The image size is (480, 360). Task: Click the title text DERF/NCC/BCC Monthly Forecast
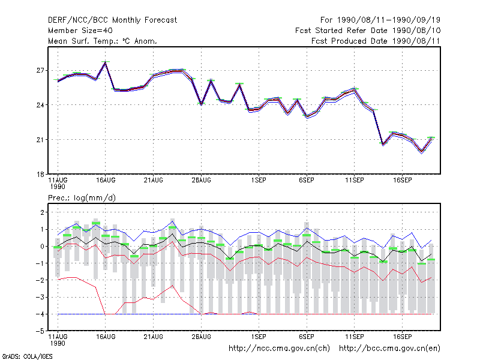[x=112, y=20]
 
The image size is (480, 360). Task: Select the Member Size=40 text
[x=80, y=31]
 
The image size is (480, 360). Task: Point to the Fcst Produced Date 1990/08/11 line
[x=376, y=41]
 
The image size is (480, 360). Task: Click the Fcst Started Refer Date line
[x=368, y=31]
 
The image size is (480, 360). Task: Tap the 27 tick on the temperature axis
[x=40, y=70]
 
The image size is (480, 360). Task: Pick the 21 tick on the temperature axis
[x=40, y=140]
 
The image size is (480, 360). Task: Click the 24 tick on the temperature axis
[x=40, y=105]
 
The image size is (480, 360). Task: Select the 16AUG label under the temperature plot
[x=106, y=180]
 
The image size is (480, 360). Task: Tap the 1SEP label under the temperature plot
[x=259, y=180]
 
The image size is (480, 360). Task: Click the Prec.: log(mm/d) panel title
[x=82, y=198]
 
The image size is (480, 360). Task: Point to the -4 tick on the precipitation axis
[x=40, y=314]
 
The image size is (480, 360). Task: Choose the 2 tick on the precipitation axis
[x=42, y=212]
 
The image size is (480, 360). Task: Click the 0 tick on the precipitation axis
[x=42, y=246]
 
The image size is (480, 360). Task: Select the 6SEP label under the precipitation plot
[x=307, y=337]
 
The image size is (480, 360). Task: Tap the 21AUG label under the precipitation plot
[x=154, y=337]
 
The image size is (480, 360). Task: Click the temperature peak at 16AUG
[x=106, y=62]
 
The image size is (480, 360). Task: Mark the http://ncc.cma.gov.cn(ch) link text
[x=279, y=349]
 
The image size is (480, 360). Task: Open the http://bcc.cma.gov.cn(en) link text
[x=389, y=349]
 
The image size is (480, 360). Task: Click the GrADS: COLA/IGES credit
[x=27, y=356]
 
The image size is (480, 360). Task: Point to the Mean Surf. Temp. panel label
[x=103, y=41]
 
